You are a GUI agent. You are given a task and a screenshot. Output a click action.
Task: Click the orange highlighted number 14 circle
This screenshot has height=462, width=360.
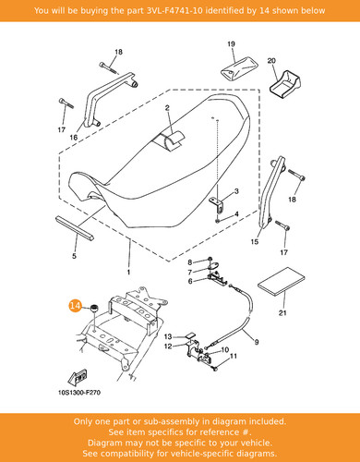coord(75,306)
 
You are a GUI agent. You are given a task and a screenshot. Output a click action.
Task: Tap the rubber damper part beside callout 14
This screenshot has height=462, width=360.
coord(93,309)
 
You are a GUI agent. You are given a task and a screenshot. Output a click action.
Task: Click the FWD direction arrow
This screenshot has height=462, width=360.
coord(78,377)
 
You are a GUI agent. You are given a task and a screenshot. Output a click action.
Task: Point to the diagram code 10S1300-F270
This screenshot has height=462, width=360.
coord(79,393)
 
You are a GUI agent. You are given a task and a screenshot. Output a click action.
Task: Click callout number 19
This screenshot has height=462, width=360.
coord(231,44)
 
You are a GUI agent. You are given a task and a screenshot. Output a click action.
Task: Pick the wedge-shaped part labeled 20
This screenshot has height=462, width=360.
coord(284,84)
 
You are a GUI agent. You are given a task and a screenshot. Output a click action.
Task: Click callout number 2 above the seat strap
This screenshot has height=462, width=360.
coord(167,108)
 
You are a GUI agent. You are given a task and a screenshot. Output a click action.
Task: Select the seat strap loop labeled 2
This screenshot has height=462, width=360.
coord(171,140)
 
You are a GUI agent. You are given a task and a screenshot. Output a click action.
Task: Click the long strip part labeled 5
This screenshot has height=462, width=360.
coord(75,227)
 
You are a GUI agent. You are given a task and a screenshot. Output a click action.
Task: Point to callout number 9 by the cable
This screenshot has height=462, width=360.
coord(257,342)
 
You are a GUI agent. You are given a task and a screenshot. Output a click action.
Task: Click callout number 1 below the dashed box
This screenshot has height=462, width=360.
coord(128,272)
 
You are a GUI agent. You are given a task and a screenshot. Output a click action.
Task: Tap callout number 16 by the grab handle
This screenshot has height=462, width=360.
coord(74,138)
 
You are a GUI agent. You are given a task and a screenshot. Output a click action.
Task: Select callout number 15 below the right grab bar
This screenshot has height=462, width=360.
coord(255,242)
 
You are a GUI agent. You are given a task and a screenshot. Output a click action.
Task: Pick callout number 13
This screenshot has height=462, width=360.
coord(168,336)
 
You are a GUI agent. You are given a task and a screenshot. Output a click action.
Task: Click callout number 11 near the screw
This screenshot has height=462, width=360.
coord(234,356)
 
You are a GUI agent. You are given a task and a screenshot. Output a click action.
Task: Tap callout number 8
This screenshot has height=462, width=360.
coord(190,262)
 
